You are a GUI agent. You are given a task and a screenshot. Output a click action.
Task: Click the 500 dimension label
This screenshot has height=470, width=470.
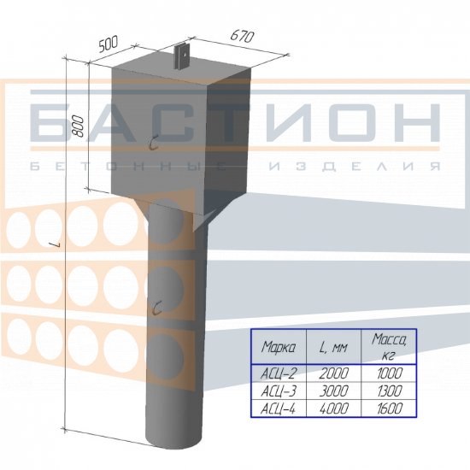click(109, 44)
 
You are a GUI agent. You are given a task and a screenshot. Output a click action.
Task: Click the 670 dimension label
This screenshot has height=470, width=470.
click(242, 36)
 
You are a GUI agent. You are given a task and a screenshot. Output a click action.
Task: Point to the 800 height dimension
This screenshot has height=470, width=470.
click(79, 126)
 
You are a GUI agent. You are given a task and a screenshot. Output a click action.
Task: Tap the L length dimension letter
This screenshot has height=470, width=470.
click(56, 245)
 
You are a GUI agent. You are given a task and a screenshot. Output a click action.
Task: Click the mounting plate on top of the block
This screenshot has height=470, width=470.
click(184, 57)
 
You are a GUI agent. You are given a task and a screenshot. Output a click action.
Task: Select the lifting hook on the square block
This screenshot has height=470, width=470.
click(154, 143)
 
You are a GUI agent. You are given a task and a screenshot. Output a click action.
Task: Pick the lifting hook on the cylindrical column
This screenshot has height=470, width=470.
click(157, 308)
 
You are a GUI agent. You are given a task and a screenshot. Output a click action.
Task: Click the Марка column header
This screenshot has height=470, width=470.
click(279, 347)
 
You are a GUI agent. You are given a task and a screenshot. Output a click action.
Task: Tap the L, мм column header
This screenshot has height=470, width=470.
click(333, 348)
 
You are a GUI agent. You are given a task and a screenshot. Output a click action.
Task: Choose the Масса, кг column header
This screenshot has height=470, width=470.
click(389, 346)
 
